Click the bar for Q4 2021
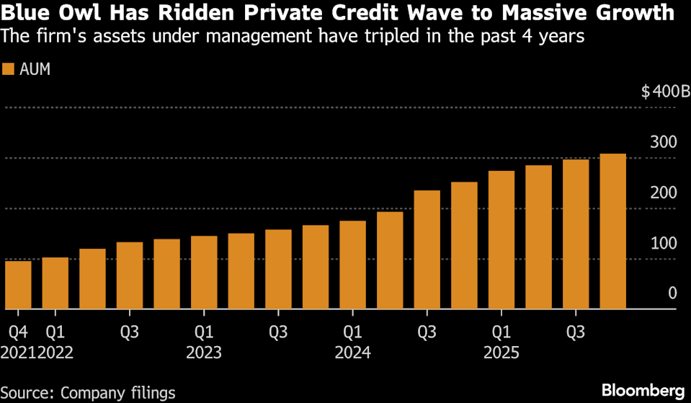click(18, 285)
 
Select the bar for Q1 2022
click(55, 283)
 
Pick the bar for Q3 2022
click(130, 275)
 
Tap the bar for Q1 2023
click(204, 273)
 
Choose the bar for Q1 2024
click(352, 265)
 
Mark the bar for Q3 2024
click(427, 249)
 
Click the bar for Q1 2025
click(501, 240)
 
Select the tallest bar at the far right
click(612, 231)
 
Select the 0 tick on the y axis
click(672, 293)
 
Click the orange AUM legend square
click(9, 69)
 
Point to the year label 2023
click(204, 353)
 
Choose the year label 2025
click(501, 353)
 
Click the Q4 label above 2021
click(17, 333)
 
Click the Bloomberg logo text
click(642, 389)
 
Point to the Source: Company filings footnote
click(89, 392)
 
